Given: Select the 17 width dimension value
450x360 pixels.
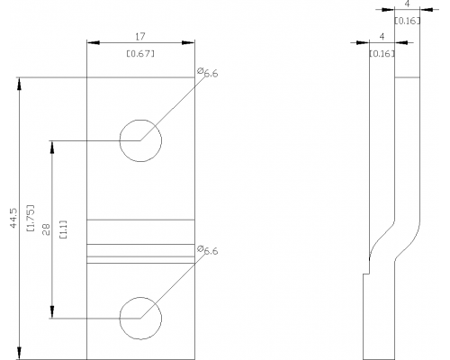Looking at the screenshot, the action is tap(140, 37).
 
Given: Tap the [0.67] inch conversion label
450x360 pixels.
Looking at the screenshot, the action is tap(140, 54).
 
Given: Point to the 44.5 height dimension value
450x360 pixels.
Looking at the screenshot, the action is tap(13, 219).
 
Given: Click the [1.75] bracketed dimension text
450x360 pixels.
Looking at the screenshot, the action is tap(31, 218).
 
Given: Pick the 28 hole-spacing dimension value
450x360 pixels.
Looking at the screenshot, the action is tap(46, 229).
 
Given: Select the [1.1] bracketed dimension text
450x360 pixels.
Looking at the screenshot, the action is tap(64, 229).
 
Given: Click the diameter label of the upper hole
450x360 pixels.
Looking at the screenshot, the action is tap(208, 73).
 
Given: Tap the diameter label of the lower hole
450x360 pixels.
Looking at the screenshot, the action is tap(208, 250).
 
